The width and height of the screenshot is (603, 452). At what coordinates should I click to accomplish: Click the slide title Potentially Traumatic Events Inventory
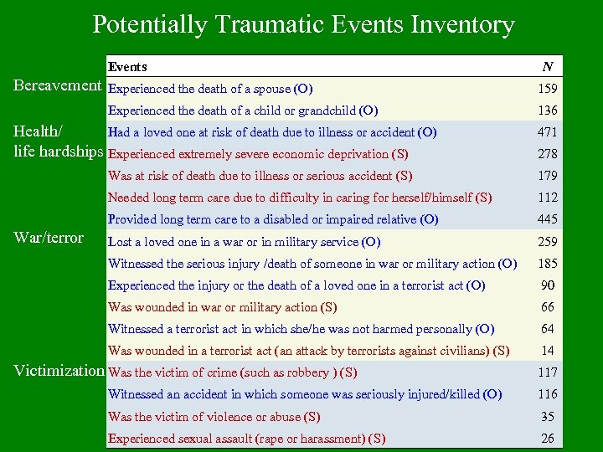[x=303, y=24]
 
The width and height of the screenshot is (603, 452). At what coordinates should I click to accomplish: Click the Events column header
[x=127, y=67]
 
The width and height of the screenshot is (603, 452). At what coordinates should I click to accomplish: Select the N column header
[x=547, y=67]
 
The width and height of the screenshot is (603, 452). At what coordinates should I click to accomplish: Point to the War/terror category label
[x=49, y=238]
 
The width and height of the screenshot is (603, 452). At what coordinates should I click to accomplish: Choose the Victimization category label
[x=58, y=370]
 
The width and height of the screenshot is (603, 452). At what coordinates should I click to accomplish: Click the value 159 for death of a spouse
[x=548, y=89]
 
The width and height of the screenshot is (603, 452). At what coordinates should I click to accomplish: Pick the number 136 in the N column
[x=548, y=110]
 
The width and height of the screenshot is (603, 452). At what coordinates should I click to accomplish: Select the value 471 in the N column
[x=548, y=132]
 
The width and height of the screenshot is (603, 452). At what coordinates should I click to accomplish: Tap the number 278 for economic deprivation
[x=548, y=154]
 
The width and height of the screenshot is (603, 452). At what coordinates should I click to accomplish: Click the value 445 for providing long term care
[x=548, y=219]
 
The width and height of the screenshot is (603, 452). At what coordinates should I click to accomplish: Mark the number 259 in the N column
[x=548, y=242]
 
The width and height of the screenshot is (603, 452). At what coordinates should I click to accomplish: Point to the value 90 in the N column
[x=548, y=285]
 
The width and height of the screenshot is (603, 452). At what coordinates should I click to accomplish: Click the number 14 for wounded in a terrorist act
[x=548, y=351]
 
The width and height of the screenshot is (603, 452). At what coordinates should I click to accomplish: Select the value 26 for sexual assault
[x=548, y=438]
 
